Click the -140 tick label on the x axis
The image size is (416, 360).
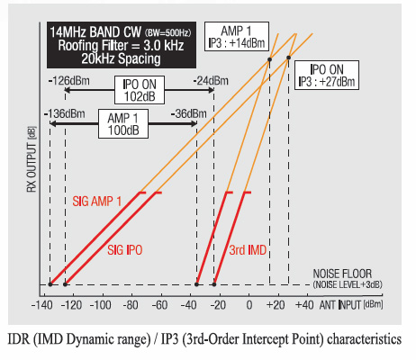tap(42, 305)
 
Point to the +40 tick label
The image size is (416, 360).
tap(304, 305)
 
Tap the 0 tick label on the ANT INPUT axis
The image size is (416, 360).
tap(249, 305)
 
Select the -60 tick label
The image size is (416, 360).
tap(159, 305)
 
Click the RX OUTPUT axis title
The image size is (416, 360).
tap(32, 159)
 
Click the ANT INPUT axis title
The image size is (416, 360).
tap(351, 305)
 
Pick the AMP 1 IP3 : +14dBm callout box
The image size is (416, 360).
tap(237, 36)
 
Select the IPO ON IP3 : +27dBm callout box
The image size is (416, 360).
tap(327, 76)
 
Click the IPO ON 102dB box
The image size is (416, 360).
tap(140, 90)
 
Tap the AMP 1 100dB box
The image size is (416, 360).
tap(123, 123)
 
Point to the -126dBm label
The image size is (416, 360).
tap(69, 81)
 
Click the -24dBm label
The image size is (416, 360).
tap(211, 81)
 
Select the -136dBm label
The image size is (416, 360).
tap(65, 114)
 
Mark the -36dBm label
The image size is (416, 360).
tap(189, 114)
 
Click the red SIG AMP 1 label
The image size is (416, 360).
tap(97, 202)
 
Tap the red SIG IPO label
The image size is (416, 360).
tap(125, 250)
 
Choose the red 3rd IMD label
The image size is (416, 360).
tap(248, 250)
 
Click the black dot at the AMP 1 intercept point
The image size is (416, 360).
tap(269, 59)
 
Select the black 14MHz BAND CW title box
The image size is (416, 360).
tap(122, 45)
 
